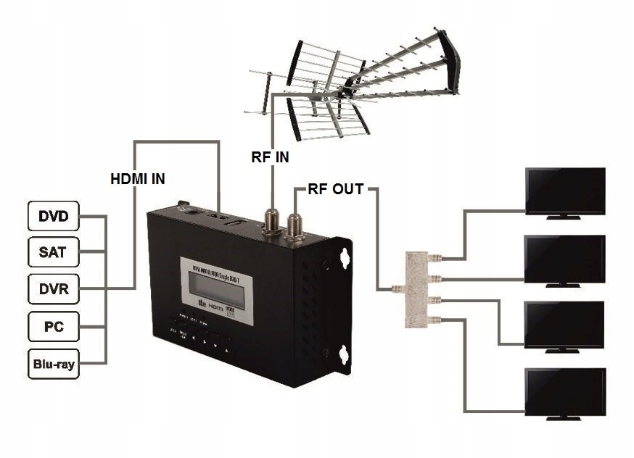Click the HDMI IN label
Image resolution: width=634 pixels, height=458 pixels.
pyautogui.click(x=138, y=178)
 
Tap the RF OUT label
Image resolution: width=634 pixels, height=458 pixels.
pyautogui.click(x=335, y=190)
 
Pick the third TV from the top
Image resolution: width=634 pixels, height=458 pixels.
pyautogui.click(x=565, y=325)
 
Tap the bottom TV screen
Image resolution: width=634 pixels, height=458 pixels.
pyautogui.click(x=565, y=392)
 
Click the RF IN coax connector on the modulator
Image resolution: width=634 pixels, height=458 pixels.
pyautogui.click(x=272, y=220)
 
